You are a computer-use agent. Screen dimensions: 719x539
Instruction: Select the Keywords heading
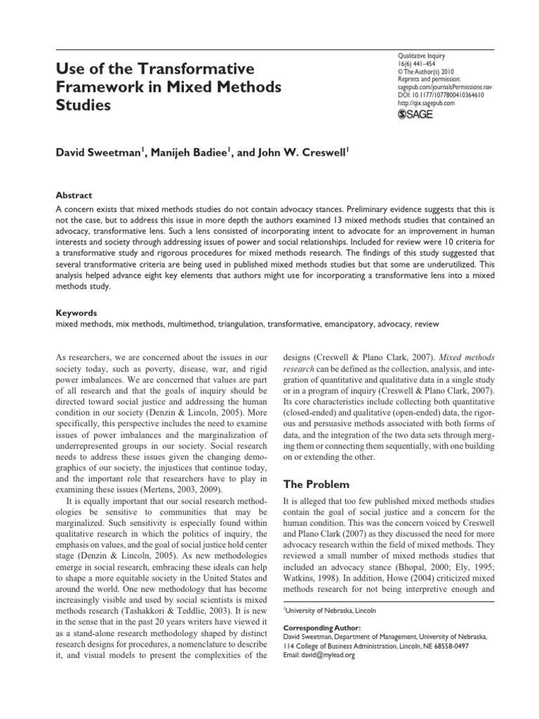(x=77, y=312)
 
